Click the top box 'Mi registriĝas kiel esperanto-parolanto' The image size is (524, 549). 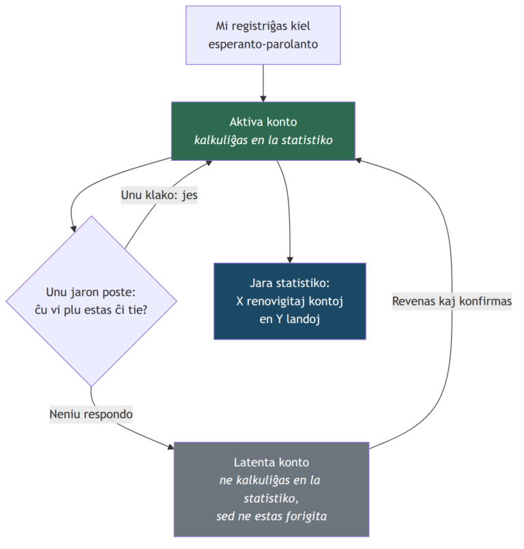[x=263, y=35]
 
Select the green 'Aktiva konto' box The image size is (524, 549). [x=263, y=131]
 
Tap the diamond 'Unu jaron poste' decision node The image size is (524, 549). [x=91, y=301]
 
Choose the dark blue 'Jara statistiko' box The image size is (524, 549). [x=290, y=301]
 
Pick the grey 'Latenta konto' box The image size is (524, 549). [x=272, y=489]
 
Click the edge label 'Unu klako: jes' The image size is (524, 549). [x=159, y=194]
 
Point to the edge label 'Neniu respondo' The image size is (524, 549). [x=91, y=414]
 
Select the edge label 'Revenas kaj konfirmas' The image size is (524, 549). [x=452, y=301]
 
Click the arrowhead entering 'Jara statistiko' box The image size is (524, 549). [x=290, y=260]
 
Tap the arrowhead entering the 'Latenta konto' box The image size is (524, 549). [x=171, y=447]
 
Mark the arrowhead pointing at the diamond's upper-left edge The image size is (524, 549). [x=74, y=228]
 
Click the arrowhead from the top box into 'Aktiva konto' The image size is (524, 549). [x=263, y=99]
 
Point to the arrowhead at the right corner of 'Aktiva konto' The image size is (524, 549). [x=358, y=160]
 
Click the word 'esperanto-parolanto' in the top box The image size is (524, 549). [x=263, y=44]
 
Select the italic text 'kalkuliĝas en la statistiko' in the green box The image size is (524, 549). [x=263, y=140]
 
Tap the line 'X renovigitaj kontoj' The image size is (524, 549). [x=290, y=301]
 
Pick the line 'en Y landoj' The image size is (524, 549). [x=290, y=319]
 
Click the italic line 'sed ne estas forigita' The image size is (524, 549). [x=272, y=516]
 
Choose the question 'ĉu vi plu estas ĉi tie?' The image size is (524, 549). [x=91, y=310]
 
